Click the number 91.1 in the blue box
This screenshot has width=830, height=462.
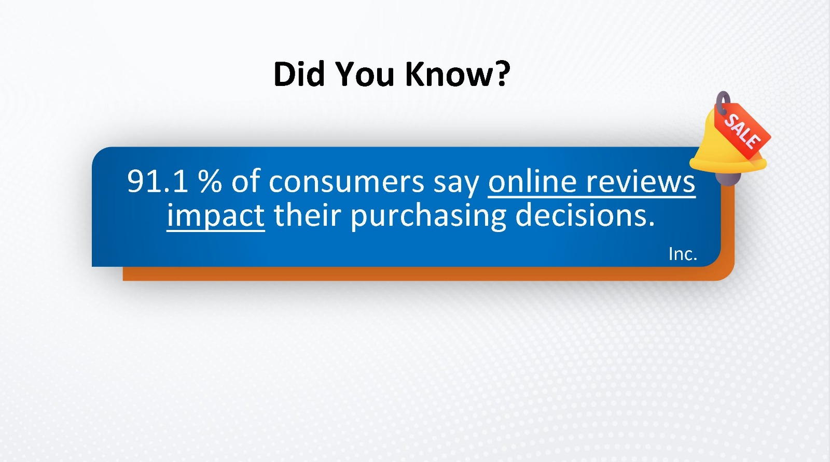tap(158, 181)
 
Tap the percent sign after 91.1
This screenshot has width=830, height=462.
tap(210, 181)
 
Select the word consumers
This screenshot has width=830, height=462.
tap(347, 182)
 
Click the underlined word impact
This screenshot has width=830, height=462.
tap(216, 216)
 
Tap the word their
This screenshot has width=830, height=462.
tap(307, 215)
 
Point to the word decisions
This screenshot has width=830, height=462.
tap(585, 215)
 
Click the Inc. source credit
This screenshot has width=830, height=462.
tap(683, 254)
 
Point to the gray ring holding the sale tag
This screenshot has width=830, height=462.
tap(723, 103)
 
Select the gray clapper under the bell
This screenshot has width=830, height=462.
tap(727, 178)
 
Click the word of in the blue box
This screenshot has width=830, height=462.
tap(245, 181)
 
